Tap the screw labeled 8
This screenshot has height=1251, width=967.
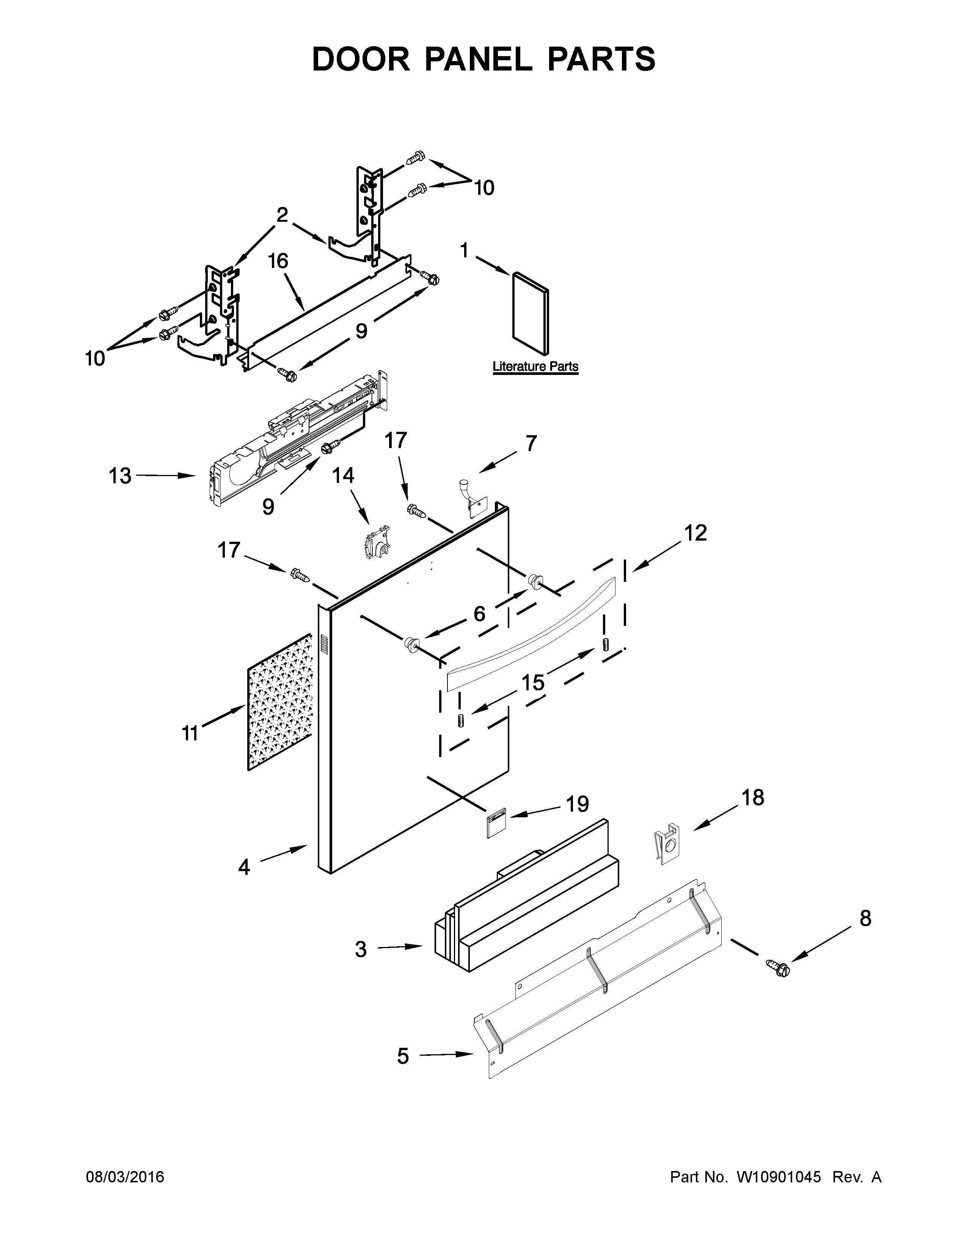coord(782,969)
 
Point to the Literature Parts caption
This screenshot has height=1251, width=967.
coord(535,367)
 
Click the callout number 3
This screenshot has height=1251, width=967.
coord(360,949)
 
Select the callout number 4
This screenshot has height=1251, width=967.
coord(245,867)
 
